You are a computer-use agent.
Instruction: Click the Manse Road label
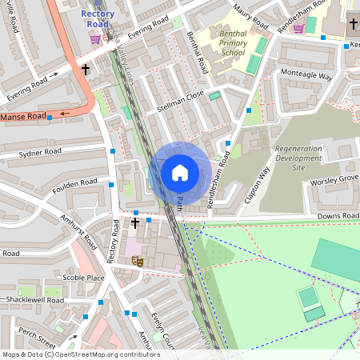23,117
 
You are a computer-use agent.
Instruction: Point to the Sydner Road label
40,151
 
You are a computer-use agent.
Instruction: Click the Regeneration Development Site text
298,158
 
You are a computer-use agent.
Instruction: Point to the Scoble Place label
84,278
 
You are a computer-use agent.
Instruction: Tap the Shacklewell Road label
34,300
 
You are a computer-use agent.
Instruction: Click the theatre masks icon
138,262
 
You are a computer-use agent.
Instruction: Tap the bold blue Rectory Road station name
98,18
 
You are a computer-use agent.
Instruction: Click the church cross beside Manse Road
86,70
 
